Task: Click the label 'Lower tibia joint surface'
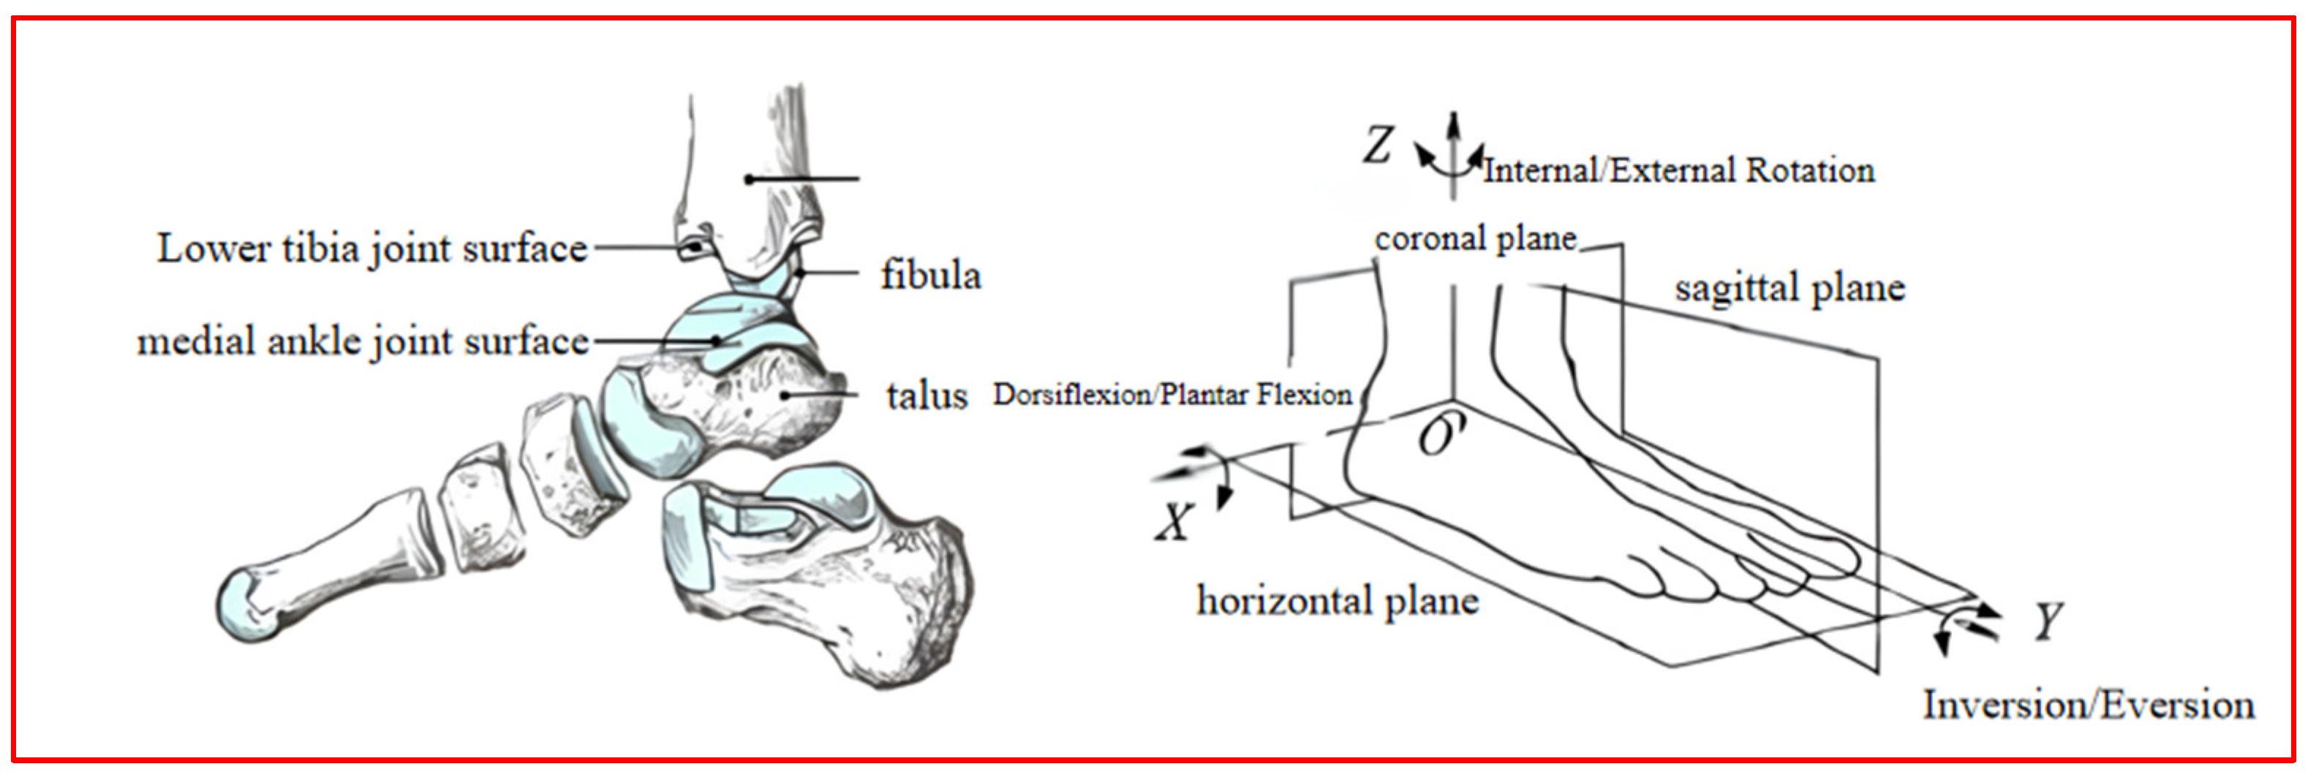[x=372, y=248]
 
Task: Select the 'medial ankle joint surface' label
[x=363, y=341]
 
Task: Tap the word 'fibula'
[x=931, y=275]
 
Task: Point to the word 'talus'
[x=927, y=395]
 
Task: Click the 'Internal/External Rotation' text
[x=1678, y=170]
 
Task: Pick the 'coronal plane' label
[x=1476, y=239]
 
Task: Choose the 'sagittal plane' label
[x=1790, y=288]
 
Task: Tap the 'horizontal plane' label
[x=1338, y=601]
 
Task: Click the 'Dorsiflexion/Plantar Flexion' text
[x=1172, y=394]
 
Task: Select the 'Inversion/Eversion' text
[x=2089, y=705]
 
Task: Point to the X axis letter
[x=1174, y=521]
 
